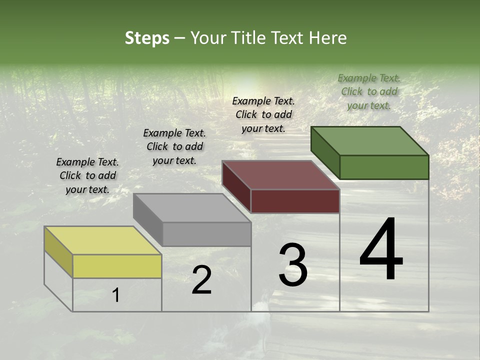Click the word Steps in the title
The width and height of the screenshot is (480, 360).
pyautogui.click(x=146, y=38)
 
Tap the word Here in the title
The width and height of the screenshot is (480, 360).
pyautogui.click(x=327, y=38)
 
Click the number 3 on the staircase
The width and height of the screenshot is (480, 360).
pyautogui.click(x=293, y=264)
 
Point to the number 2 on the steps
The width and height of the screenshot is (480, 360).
pyautogui.click(x=201, y=280)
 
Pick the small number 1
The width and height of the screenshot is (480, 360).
pyautogui.click(x=116, y=295)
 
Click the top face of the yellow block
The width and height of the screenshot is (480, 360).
pyautogui.click(x=102, y=240)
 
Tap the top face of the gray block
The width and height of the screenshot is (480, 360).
pyautogui.click(x=192, y=207)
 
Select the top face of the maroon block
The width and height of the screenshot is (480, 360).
pyautogui.click(x=280, y=175)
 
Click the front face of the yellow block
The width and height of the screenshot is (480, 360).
pyautogui.click(x=117, y=266)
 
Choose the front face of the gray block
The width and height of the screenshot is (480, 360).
pyautogui.click(x=206, y=234)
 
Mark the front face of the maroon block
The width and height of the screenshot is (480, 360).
pyautogui.click(x=295, y=201)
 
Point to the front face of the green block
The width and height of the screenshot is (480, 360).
pyautogui.click(x=384, y=167)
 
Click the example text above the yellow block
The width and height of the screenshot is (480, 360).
pyautogui.click(x=87, y=175)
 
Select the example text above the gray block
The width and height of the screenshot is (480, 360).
pyautogui.click(x=174, y=146)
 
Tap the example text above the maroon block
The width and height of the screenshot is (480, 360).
pyautogui.click(x=263, y=114)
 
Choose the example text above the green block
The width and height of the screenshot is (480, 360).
pyautogui.click(x=369, y=91)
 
